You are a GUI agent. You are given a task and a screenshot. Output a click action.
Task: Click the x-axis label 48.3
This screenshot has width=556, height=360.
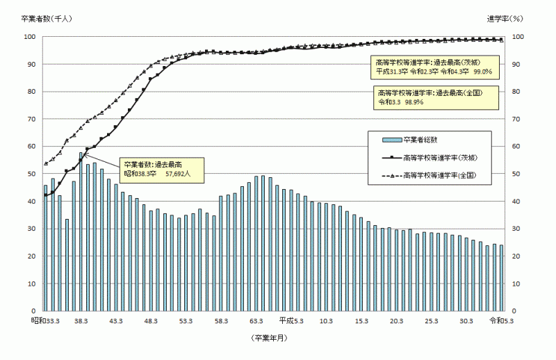pos(151,320)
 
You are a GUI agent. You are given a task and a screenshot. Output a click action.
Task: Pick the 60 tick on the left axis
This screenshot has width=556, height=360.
pos(31,146)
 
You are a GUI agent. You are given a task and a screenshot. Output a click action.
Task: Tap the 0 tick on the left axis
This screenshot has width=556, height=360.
pos(33,311)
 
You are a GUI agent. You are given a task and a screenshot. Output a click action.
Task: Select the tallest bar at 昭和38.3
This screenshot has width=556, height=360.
pos(81,231)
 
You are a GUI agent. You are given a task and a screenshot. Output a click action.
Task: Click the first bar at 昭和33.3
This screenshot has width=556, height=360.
pos(46,247)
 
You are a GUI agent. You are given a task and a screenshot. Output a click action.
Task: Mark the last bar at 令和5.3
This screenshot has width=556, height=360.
pos(500,278)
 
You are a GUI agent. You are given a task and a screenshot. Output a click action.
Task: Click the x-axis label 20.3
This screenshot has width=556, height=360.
pos(397,320)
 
